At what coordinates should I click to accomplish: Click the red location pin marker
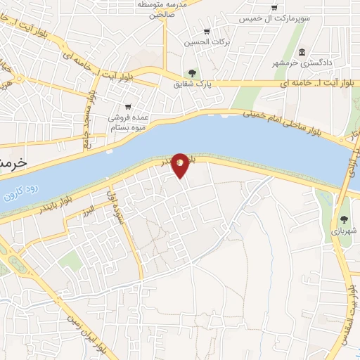click(x=180, y=165)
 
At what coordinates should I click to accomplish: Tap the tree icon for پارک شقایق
click(x=192, y=72)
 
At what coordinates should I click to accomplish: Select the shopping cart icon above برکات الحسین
click(x=206, y=31)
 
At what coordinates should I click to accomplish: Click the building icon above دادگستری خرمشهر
click(x=302, y=53)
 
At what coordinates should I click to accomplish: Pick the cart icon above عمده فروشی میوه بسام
click(x=127, y=107)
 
